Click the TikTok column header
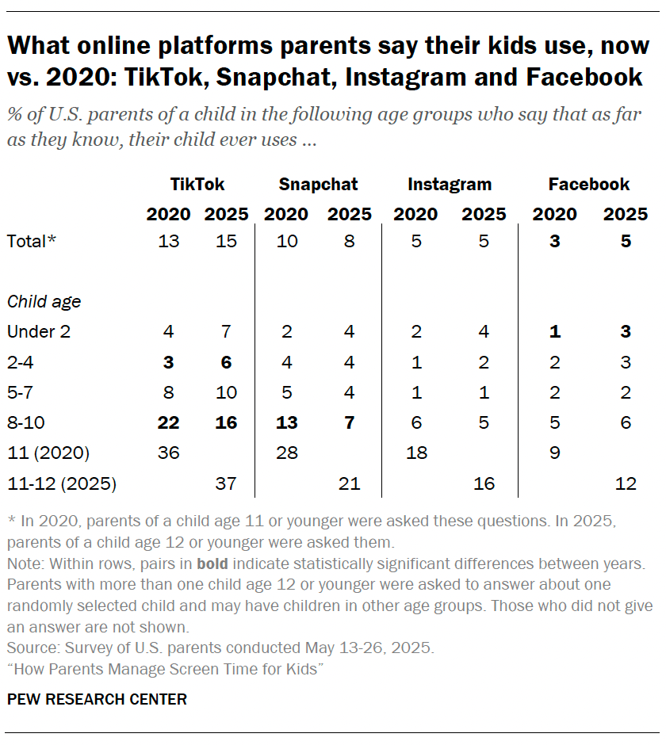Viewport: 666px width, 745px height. (x=197, y=185)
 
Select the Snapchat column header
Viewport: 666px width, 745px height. (x=318, y=185)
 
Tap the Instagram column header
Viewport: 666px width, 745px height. (x=450, y=185)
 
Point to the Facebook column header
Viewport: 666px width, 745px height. (x=588, y=185)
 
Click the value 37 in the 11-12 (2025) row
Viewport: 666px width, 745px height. (x=226, y=483)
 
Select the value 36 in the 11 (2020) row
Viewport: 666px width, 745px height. (x=168, y=453)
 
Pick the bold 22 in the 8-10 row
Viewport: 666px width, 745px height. (x=168, y=422)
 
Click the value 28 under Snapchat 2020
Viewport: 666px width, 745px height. (x=286, y=453)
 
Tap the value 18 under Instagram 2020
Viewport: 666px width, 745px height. (x=415, y=453)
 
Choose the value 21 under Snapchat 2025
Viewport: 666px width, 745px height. (x=349, y=483)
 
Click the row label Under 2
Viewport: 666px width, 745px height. (x=39, y=332)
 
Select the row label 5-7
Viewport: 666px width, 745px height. (x=21, y=392)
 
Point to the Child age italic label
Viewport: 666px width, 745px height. (x=44, y=301)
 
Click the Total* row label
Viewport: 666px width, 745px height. (x=32, y=241)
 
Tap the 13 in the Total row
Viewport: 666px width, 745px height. (x=168, y=241)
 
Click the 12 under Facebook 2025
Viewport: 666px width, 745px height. (x=626, y=483)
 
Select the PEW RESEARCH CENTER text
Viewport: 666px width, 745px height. (x=97, y=699)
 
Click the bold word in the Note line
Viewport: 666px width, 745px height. (x=212, y=565)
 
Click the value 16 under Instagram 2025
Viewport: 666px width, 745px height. (x=484, y=483)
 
